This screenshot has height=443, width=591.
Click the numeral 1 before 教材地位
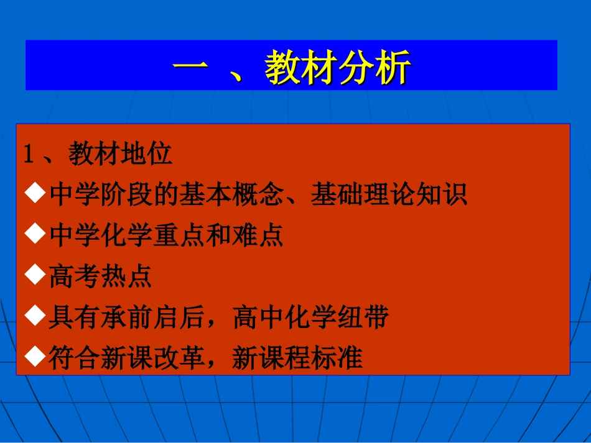click(29, 155)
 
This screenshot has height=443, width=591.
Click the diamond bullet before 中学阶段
click(35, 194)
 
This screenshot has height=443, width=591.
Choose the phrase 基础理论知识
click(389, 195)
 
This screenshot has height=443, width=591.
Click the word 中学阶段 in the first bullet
click(101, 195)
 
